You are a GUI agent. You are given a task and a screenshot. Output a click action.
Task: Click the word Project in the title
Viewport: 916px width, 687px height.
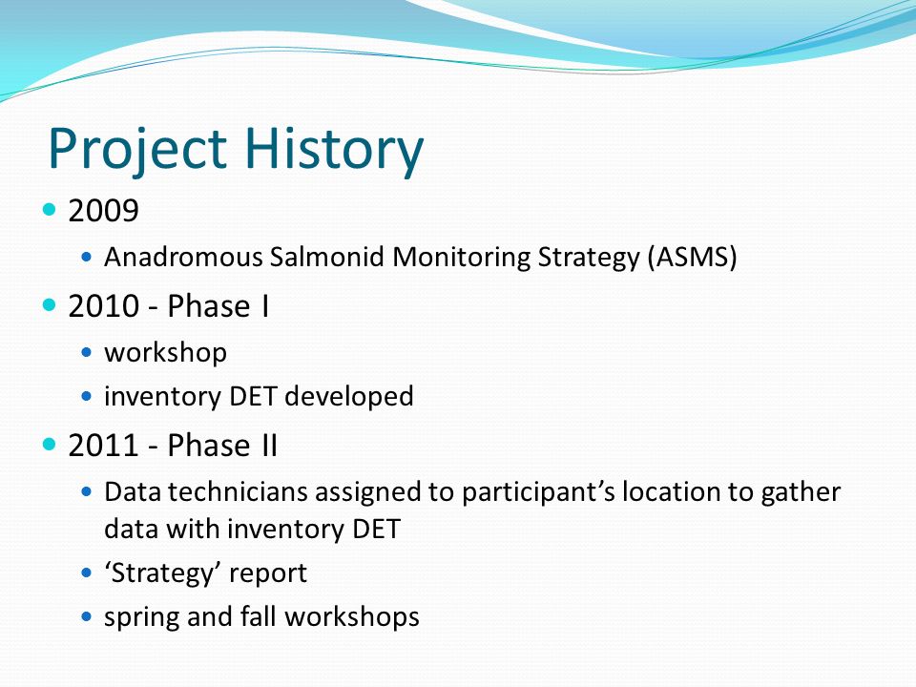(136, 150)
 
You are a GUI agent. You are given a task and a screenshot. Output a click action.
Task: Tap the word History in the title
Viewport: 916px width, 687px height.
(334, 150)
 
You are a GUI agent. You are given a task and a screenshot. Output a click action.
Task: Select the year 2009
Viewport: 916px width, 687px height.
(103, 210)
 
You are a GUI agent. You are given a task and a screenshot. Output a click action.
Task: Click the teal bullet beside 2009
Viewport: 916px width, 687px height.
(50, 209)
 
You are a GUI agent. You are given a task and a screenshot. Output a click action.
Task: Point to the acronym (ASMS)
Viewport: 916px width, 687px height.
(693, 257)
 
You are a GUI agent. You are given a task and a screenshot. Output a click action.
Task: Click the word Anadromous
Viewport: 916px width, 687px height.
(183, 257)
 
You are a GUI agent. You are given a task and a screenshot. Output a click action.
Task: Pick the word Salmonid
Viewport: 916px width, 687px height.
(326, 257)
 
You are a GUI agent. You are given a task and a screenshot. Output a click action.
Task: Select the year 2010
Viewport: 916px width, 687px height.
(103, 306)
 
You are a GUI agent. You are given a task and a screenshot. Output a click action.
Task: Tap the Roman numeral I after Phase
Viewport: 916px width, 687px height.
(265, 306)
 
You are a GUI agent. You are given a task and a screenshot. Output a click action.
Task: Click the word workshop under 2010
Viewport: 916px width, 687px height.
(165, 353)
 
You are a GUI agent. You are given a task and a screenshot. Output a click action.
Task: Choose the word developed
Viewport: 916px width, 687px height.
(349, 396)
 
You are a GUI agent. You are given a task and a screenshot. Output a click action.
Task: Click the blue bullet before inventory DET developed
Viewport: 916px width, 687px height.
(87, 397)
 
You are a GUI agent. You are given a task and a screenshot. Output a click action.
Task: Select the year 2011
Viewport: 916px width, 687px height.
(103, 446)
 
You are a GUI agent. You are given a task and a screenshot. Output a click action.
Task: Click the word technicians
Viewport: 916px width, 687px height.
(238, 492)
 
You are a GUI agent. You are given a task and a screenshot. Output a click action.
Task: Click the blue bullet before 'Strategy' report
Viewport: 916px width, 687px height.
(87, 573)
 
